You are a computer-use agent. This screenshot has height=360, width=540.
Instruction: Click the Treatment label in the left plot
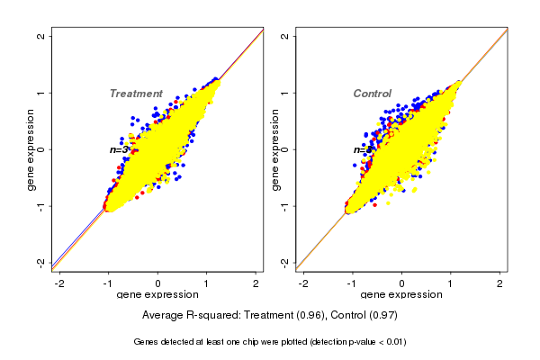pos(136,94)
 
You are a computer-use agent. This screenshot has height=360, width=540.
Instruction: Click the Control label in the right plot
pos(373,94)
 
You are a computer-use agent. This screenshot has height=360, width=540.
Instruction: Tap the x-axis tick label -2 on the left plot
pos(59,283)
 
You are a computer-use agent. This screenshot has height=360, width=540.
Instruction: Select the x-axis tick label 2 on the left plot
pos(256,283)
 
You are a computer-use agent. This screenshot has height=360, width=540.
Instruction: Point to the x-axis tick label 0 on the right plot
pos(402,283)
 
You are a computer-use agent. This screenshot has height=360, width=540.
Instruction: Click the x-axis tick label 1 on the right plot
pos(452,283)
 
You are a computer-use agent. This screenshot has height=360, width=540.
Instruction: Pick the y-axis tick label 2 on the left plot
pos(40,36)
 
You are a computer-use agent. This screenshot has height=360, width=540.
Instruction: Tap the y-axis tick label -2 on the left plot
pos(40,262)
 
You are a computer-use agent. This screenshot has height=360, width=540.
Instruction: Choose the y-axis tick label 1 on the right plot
pos(285,93)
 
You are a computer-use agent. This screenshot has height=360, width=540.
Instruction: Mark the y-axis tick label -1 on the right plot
pos(285,205)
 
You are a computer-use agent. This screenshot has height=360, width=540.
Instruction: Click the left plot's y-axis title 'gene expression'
pos(31,149)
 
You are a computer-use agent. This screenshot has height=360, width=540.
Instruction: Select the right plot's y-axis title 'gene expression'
pos(275,149)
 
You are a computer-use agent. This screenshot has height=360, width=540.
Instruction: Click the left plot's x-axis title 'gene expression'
pos(157,295)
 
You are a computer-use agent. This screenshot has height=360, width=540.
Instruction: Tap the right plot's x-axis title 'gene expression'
pos(402,295)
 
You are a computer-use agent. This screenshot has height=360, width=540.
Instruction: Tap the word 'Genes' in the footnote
pos(148,342)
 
